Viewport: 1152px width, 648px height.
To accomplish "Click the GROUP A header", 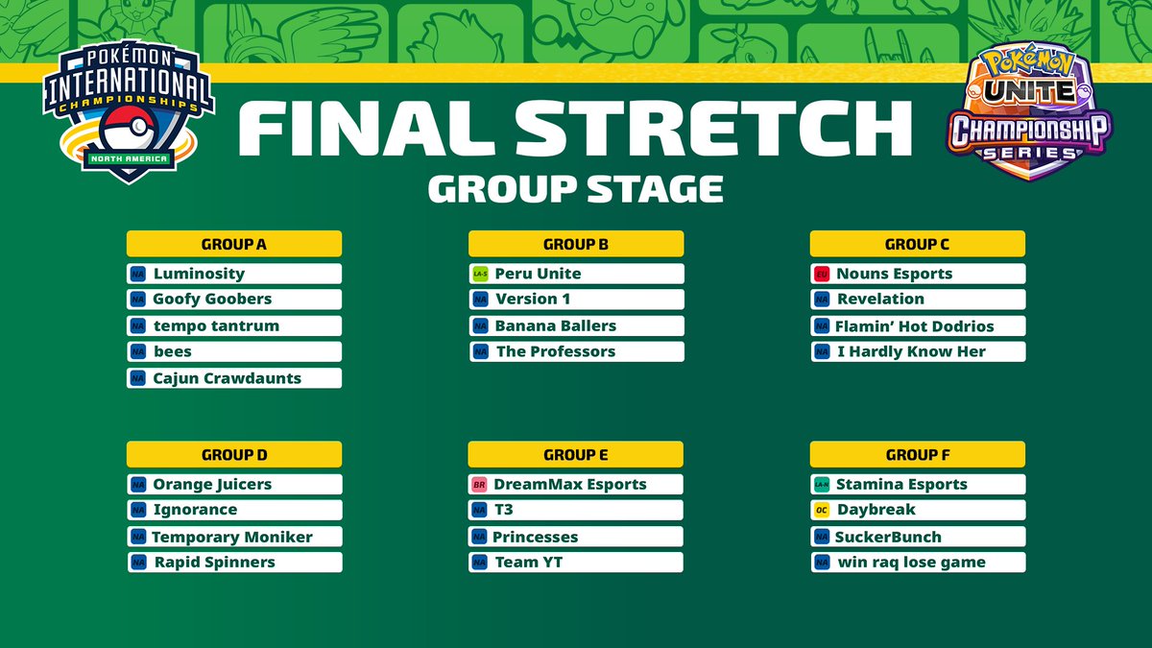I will [x=234, y=244].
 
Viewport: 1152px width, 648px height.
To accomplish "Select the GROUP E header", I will [x=576, y=455].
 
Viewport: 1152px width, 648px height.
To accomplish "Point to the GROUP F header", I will [x=918, y=455].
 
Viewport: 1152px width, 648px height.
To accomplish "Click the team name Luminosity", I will [x=199, y=274].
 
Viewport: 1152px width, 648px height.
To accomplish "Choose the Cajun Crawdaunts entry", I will [x=228, y=378].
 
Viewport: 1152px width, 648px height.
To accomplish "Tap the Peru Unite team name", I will [x=538, y=274].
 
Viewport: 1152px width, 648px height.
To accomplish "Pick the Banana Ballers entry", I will [x=556, y=326].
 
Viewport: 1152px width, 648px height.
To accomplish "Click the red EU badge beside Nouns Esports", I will [x=822, y=274].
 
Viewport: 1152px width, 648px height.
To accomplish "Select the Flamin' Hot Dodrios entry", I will [x=915, y=326].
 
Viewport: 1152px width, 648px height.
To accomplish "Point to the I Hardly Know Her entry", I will [x=911, y=351].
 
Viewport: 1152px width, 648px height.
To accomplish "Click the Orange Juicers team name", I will [x=212, y=485].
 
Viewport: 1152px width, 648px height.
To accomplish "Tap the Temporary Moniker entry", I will [x=232, y=538].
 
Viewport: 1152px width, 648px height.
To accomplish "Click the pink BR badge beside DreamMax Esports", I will [x=480, y=485].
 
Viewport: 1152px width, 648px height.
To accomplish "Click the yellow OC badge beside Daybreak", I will [x=822, y=510].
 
